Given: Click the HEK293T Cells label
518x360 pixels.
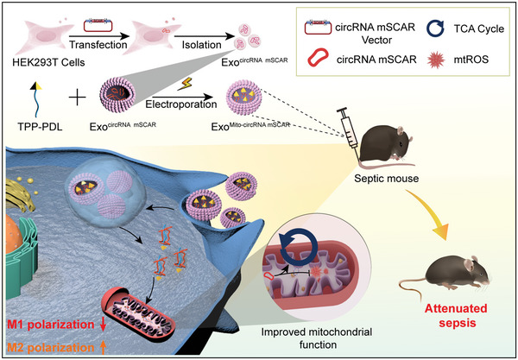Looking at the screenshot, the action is (x=48, y=62).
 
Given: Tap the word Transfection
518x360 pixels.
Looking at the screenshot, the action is (x=98, y=44).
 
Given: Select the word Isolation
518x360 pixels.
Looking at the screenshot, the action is (x=201, y=44).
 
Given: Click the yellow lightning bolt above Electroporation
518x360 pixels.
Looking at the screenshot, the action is (x=185, y=84).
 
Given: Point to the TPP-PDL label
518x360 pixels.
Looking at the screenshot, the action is (x=40, y=127).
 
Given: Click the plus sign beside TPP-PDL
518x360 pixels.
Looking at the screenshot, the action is (x=78, y=98).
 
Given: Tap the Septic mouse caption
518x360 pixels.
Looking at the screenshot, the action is (x=386, y=179).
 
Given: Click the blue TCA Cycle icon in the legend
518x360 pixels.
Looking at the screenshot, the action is (x=436, y=29).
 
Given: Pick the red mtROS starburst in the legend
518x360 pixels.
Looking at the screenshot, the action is (x=436, y=60).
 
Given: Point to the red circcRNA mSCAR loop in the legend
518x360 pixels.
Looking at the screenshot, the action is (x=318, y=58).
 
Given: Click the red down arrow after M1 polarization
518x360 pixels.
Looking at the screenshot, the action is (x=103, y=325).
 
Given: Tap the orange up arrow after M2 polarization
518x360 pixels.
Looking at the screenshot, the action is (x=103, y=347).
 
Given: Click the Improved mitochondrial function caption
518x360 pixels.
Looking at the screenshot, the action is (x=317, y=338).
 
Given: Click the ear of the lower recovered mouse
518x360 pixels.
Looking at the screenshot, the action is (x=470, y=264).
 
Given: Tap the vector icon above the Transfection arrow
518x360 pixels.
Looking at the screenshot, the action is (x=98, y=26).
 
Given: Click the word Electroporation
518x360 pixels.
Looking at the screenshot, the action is (x=181, y=104).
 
